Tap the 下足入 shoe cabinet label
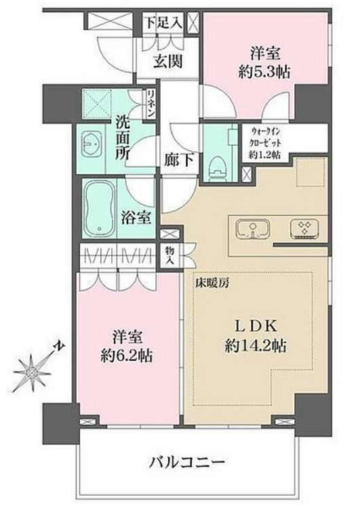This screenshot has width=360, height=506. click(x=163, y=22)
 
